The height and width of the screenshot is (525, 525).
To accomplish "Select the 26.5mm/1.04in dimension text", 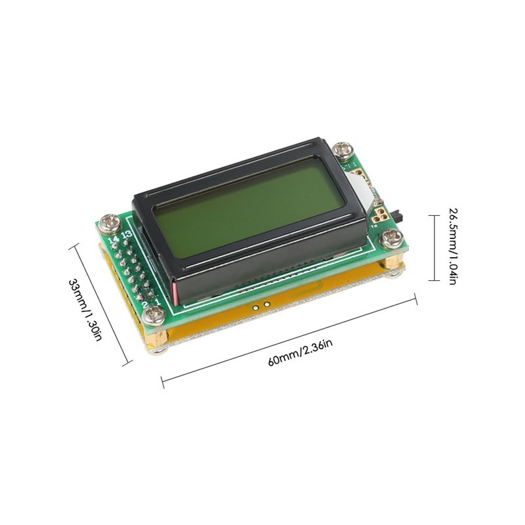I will click(x=453, y=245).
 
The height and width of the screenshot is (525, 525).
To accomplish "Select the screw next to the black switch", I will click(x=395, y=236).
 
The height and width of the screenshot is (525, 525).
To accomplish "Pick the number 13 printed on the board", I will click(x=127, y=234).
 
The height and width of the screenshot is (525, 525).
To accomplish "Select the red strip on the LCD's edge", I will click(x=175, y=288).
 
